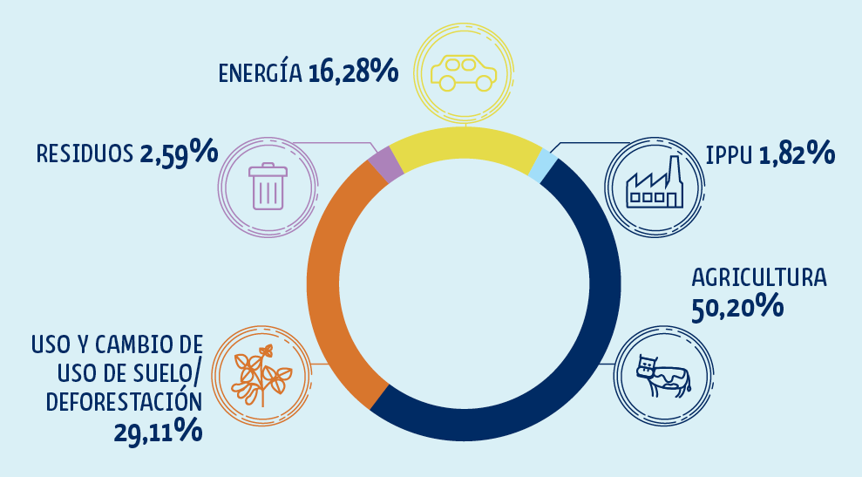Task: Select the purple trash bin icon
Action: click(268, 187)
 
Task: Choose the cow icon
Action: click(662, 377)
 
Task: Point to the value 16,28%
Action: click(352, 72)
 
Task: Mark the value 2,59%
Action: click(178, 153)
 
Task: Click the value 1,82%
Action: click(798, 154)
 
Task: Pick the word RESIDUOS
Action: click(85, 154)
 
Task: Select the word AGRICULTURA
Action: click(758, 278)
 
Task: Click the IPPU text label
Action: click(730, 155)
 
